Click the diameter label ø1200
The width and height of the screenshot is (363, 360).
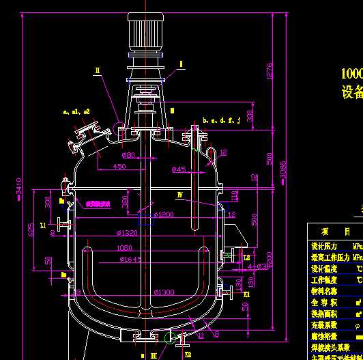[x=164, y=214]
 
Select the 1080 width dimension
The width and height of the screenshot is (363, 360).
[x=125, y=248]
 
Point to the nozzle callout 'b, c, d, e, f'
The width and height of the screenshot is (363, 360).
[x=222, y=120]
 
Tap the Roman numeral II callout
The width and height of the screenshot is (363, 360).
[x=98, y=70]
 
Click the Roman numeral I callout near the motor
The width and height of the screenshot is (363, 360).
[x=181, y=64]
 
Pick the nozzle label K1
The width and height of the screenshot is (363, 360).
[x=247, y=294]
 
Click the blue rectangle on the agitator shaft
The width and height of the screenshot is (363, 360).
[x=145, y=219]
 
